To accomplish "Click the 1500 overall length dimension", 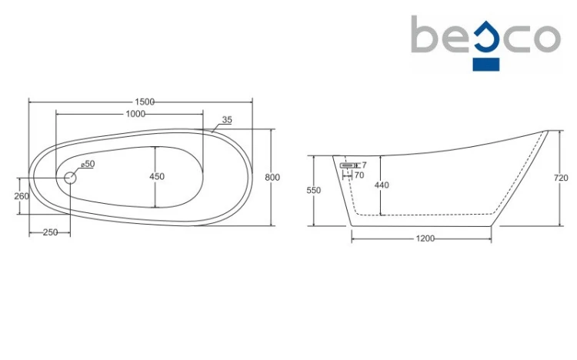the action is click(145, 102).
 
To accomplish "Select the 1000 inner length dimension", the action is click(135, 114).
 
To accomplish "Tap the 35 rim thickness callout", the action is click(227, 120).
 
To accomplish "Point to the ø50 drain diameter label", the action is click(88, 164).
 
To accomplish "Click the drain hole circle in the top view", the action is click(70, 178).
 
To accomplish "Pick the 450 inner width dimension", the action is click(157, 177).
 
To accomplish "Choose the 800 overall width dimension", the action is click(272, 178).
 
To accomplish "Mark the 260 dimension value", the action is click(22, 197).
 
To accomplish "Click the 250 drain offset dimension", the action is click(51, 232).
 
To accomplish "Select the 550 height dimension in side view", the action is click(314, 190).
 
